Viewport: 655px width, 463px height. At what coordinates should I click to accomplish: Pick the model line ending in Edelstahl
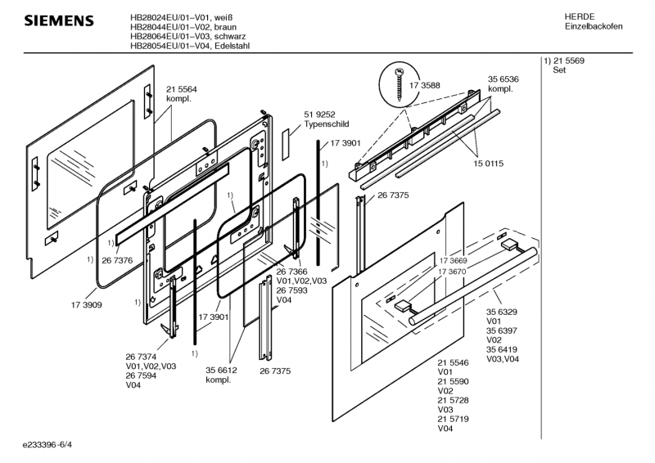point(190,47)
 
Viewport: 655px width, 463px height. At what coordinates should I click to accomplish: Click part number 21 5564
point(182,89)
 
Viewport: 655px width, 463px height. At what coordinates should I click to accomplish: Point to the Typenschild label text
point(327,125)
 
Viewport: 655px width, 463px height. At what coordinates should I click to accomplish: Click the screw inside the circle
point(399,83)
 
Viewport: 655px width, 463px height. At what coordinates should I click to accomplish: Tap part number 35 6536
point(504,79)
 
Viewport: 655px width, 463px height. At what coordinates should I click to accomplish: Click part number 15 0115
point(488,164)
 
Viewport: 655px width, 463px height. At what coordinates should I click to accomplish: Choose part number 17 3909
point(86,304)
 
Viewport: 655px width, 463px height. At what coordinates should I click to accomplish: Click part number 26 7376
point(117,260)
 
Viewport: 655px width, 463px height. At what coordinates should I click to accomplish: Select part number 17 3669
point(453,259)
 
